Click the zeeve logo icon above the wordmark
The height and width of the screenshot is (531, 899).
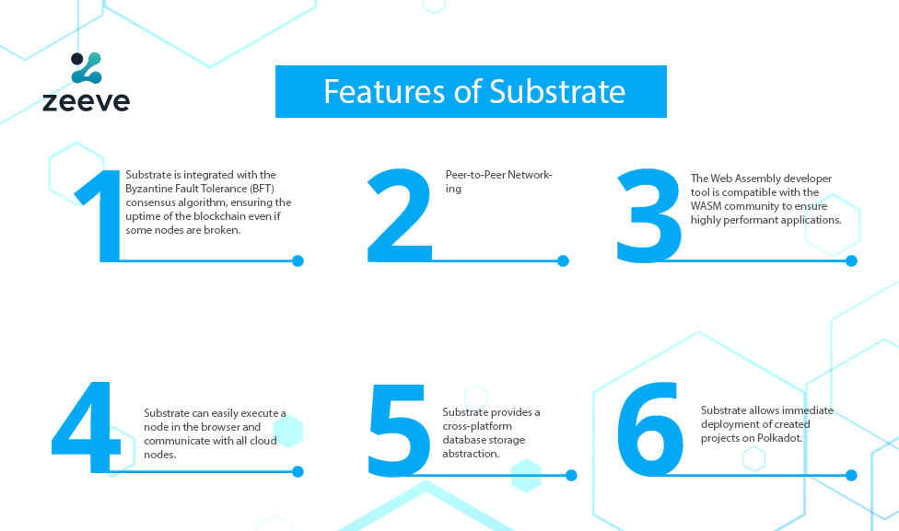(x=87, y=67)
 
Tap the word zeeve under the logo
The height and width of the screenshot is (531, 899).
(x=86, y=101)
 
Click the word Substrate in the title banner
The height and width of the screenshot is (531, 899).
(x=557, y=92)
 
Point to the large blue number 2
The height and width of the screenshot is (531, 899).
(x=400, y=215)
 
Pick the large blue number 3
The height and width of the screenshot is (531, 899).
(x=649, y=215)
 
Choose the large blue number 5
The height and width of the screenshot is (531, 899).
(x=399, y=430)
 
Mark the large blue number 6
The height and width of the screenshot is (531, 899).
(x=650, y=429)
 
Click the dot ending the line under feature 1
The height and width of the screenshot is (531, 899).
(x=298, y=261)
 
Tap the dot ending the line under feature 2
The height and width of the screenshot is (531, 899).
(x=563, y=261)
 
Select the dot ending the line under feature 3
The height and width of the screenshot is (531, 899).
(x=851, y=261)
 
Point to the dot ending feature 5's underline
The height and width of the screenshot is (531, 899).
(x=571, y=476)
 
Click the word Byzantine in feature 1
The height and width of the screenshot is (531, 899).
(x=149, y=189)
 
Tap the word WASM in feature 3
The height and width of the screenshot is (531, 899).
(x=706, y=206)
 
